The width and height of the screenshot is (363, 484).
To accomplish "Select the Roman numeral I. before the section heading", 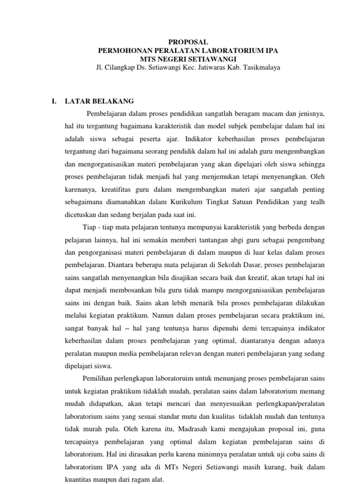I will coord(54,101).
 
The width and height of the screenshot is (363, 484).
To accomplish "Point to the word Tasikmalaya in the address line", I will coord(262,67).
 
